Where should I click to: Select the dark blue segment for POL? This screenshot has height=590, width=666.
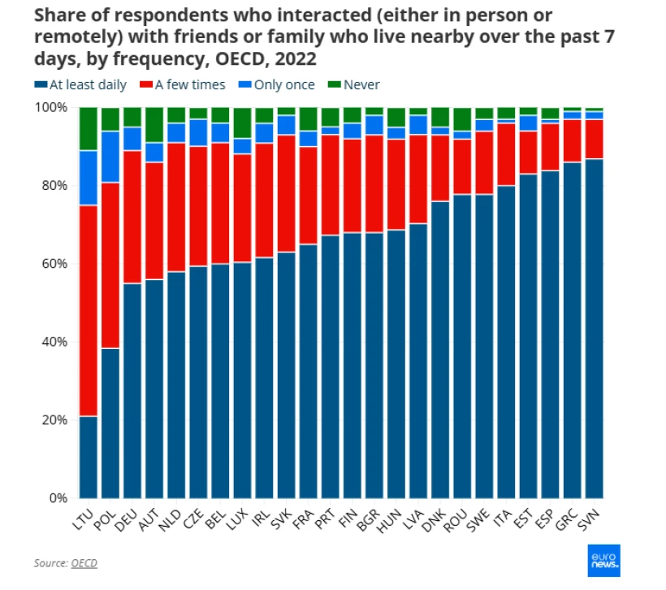[110, 423]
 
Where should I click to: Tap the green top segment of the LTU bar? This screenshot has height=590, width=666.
[89, 129]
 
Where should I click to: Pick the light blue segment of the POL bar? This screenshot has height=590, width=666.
[110, 157]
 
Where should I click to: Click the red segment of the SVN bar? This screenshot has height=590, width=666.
[594, 139]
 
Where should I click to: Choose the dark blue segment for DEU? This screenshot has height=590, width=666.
[132, 390]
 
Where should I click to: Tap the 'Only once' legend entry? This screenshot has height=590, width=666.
[277, 84]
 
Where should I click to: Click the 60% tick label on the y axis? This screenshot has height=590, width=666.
[54, 264]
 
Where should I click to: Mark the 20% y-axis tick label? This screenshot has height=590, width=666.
[54, 420]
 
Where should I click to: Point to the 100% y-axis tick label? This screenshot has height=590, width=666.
[50, 107]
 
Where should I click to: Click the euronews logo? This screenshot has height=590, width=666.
[604, 561]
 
